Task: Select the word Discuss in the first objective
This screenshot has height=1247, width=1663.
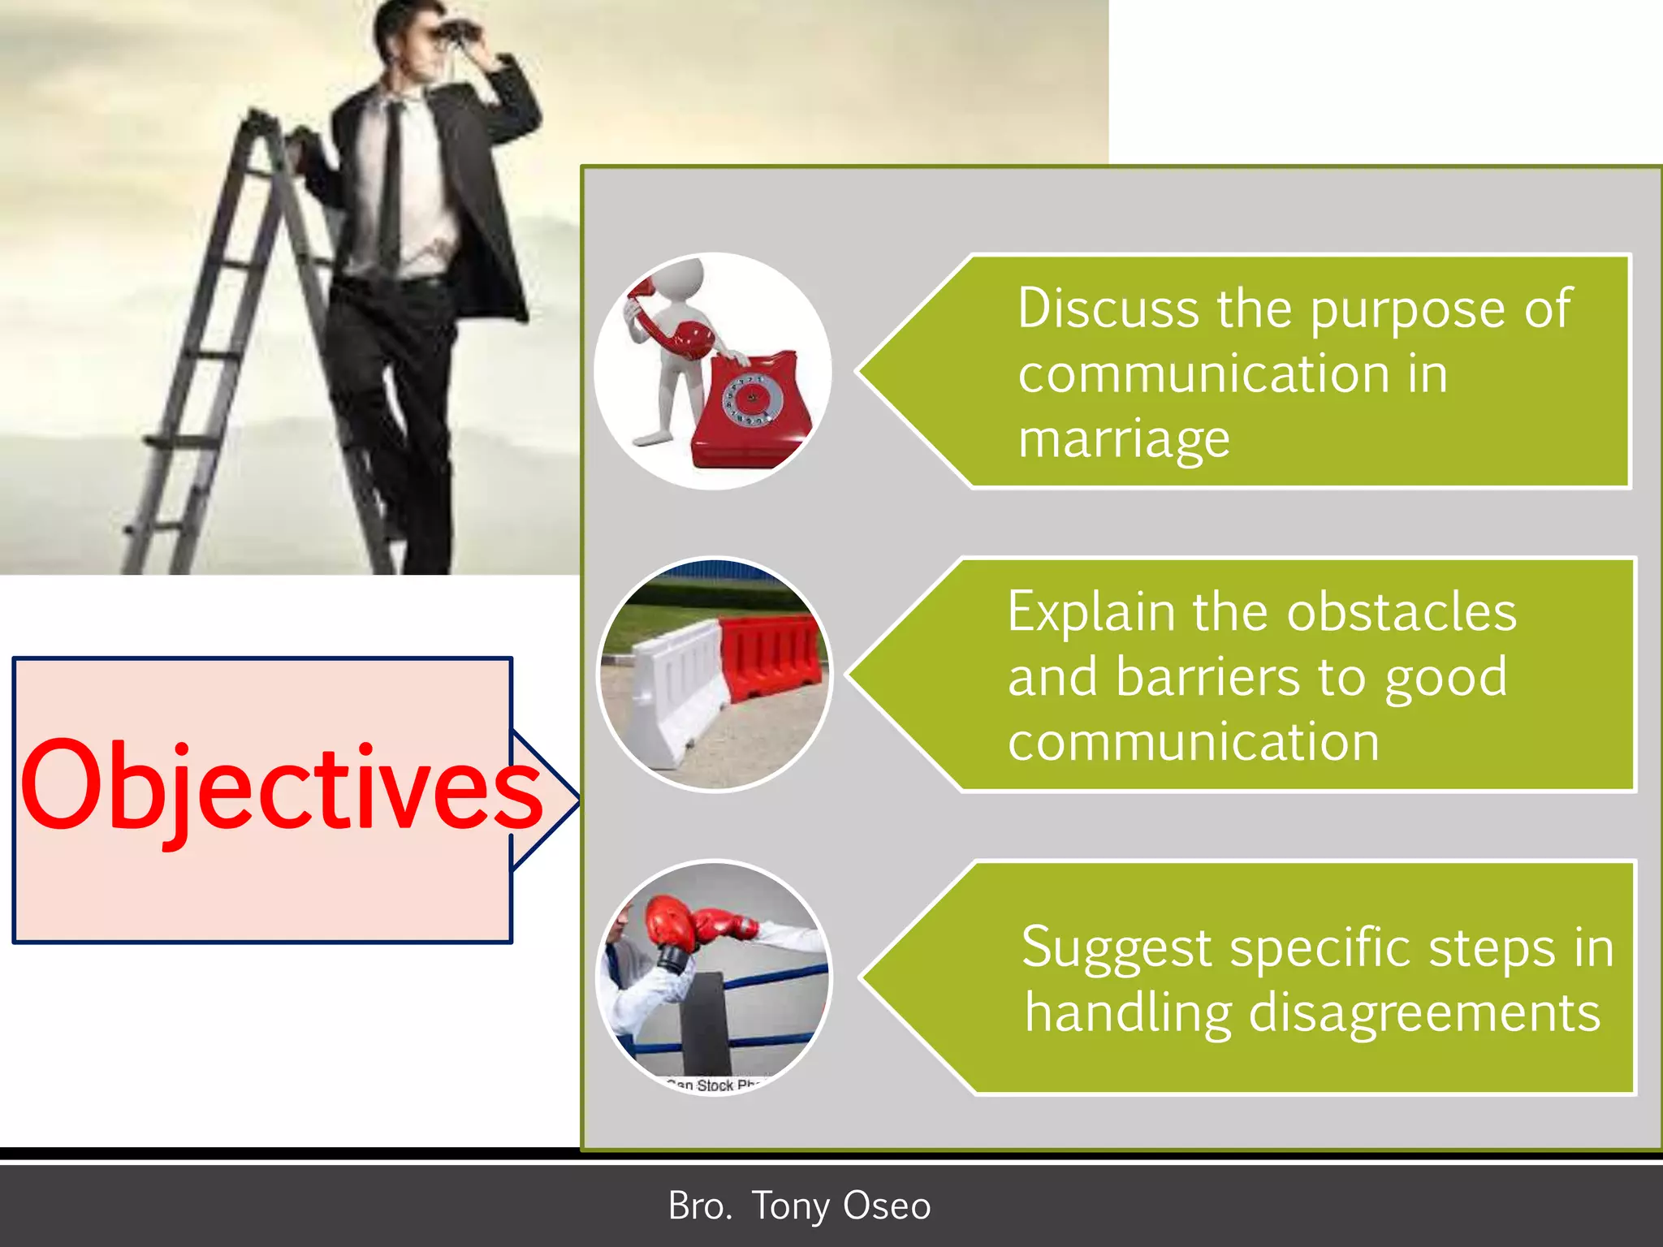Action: point(1108,309)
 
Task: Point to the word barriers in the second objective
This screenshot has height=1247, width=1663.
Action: point(1207,677)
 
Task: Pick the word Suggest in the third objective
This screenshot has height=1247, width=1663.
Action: point(1116,948)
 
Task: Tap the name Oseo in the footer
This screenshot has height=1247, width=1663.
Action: point(886,1206)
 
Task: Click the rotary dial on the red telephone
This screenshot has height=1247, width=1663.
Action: point(752,398)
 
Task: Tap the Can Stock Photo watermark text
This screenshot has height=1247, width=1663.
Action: point(715,1085)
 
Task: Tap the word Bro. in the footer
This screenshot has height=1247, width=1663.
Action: point(699,1206)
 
